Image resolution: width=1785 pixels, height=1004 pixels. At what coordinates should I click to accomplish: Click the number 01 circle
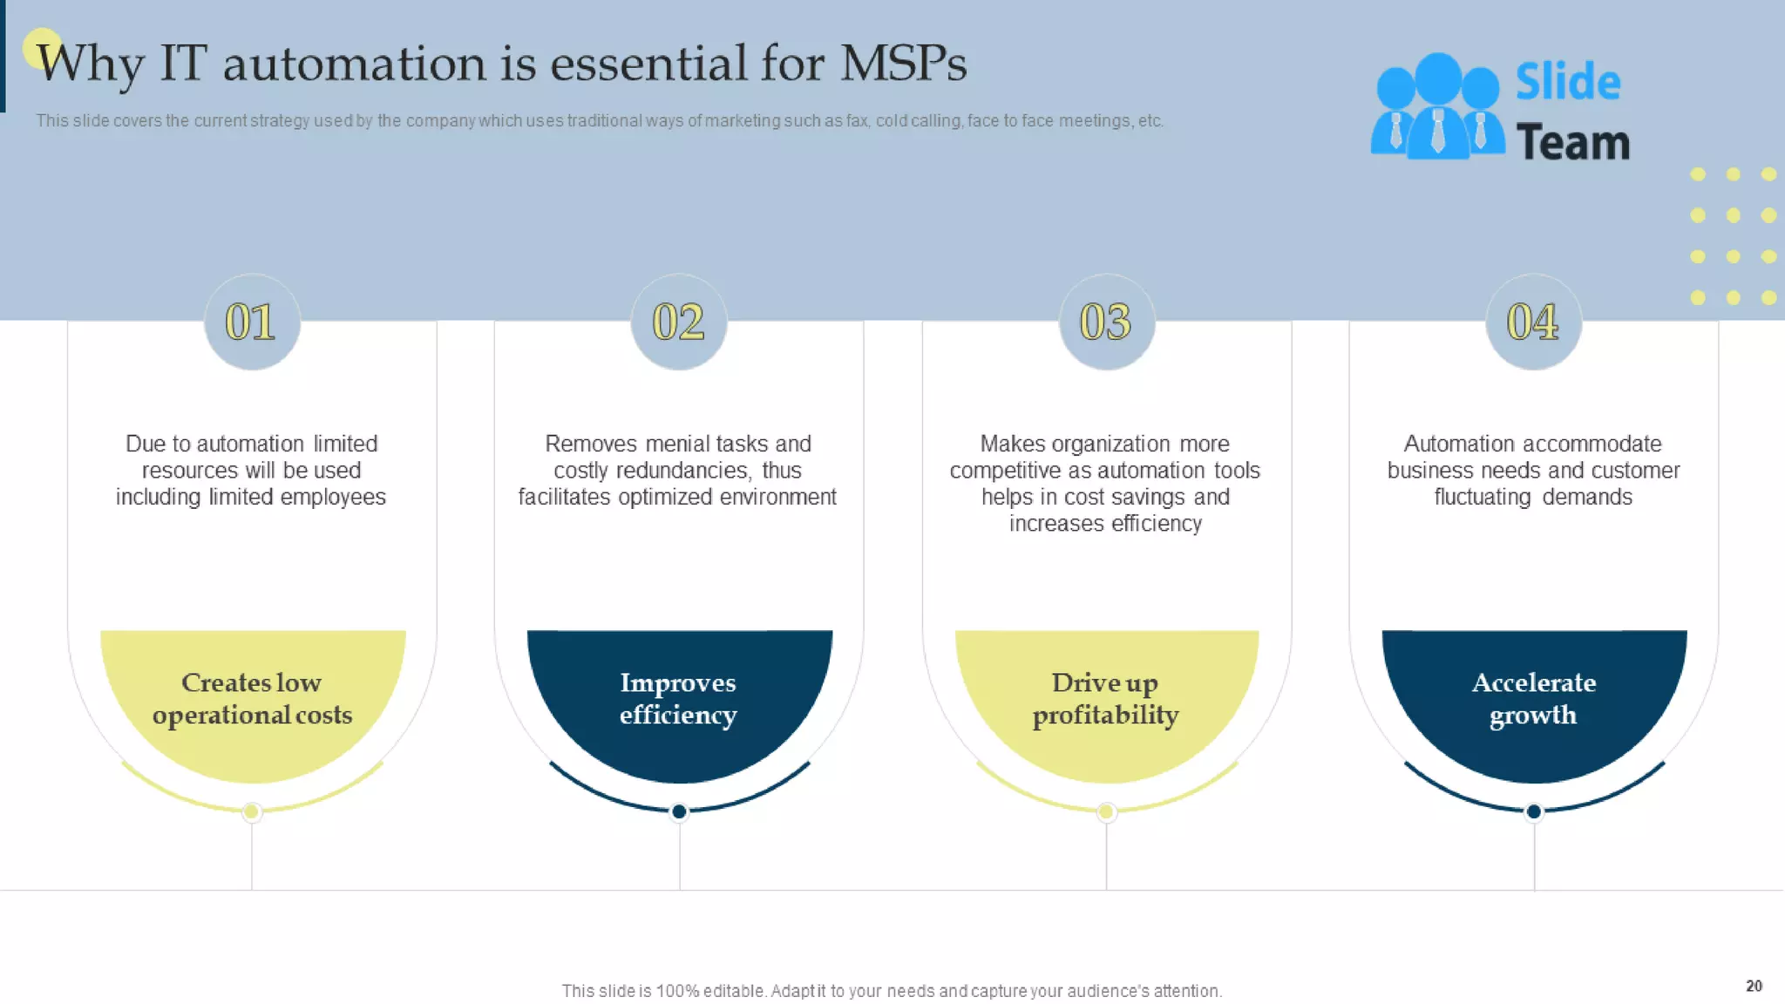(252, 322)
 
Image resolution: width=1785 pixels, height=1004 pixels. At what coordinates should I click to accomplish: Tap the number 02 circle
(679, 322)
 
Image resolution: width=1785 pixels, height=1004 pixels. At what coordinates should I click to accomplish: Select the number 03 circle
(1106, 322)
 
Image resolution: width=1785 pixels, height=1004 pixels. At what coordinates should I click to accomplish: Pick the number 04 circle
(1533, 322)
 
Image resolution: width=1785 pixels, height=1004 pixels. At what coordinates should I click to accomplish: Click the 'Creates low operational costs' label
(252, 698)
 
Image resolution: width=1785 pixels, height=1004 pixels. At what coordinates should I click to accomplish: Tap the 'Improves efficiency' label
(678, 698)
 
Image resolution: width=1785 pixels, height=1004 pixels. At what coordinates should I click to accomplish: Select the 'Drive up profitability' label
(1105, 698)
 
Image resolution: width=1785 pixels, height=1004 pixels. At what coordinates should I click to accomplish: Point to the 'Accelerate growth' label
(1533, 698)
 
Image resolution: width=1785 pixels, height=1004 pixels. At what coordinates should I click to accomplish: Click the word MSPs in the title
(903, 64)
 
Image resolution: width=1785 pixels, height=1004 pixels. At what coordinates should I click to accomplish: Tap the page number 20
(1754, 986)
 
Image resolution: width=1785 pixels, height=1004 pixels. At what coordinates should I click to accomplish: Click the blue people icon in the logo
(1436, 107)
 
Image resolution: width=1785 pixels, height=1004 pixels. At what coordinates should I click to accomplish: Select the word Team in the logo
(1572, 142)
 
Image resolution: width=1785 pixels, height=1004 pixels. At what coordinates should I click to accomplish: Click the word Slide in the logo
(1567, 82)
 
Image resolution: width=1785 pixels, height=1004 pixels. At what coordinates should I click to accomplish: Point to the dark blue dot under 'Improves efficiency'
(679, 812)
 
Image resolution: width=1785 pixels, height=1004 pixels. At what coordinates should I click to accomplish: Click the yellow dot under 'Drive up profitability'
(1106, 812)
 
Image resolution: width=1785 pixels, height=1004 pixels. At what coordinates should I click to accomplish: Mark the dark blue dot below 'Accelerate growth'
(1534, 812)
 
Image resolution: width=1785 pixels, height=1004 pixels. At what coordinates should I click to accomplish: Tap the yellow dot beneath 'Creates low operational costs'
(252, 812)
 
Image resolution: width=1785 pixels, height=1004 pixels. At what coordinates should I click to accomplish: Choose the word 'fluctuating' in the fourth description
(1483, 497)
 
